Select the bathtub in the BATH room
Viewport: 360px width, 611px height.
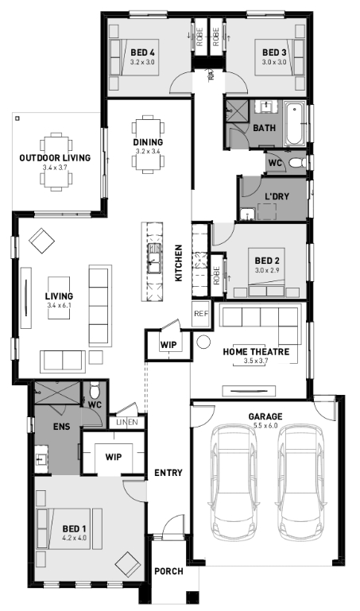[294, 124]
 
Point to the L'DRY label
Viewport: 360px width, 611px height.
[277, 196]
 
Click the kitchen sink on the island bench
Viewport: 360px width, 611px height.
[154, 259]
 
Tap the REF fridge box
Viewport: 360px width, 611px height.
[201, 314]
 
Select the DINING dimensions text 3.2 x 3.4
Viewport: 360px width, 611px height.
[148, 151]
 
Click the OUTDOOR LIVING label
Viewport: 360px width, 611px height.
[55, 158]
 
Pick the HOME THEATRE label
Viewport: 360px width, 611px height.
[256, 352]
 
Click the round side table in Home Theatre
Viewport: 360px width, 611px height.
[203, 342]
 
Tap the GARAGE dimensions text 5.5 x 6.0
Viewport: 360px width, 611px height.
[265, 426]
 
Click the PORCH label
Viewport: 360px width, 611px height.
[168, 571]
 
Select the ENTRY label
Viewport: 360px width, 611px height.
[168, 473]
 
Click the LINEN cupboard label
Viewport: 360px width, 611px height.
[127, 422]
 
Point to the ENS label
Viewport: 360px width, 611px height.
[61, 427]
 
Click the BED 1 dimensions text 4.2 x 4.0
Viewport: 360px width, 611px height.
[74, 538]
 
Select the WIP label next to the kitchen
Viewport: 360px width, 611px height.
[168, 345]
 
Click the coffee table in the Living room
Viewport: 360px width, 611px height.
[59, 298]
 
